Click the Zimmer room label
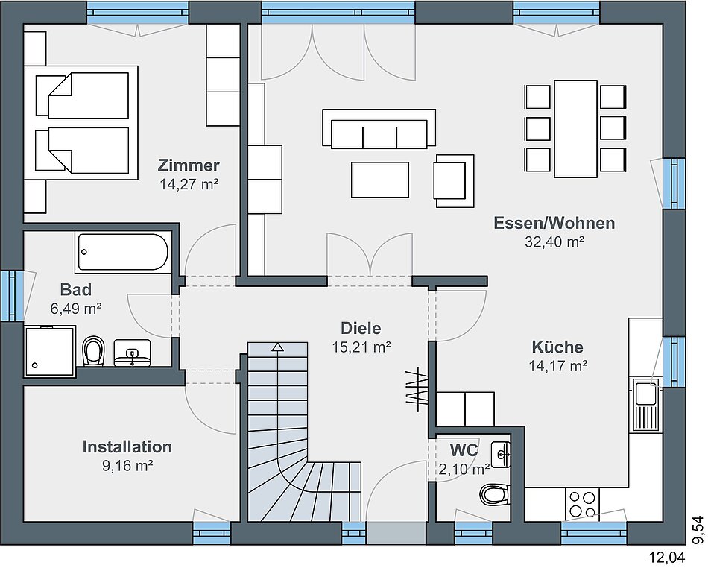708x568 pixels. [189, 165]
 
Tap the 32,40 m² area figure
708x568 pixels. [554, 242]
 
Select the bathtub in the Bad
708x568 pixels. [123, 252]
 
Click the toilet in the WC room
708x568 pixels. [494, 494]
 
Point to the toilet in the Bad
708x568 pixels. [93, 350]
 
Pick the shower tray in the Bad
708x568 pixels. [50, 351]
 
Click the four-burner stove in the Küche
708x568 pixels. [582, 504]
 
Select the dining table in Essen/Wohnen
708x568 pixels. [575, 129]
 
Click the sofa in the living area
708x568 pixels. [379, 129]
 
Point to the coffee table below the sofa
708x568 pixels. [380, 180]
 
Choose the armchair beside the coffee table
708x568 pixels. [454, 180]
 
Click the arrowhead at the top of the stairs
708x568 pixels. [278, 347]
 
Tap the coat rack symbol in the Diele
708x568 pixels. [418, 388]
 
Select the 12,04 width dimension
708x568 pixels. [667, 557]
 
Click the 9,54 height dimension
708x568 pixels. [699, 530]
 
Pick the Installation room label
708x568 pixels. [127, 446]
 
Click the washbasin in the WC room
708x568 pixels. [502, 454]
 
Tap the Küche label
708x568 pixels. [557, 347]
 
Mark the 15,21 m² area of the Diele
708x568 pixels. [361, 347]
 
